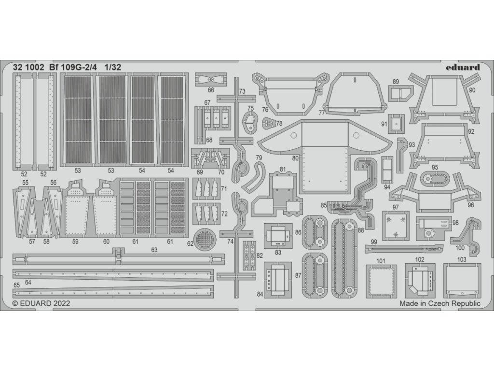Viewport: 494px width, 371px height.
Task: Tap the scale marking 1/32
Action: [111, 68]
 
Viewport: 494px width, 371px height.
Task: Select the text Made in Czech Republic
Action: [439, 303]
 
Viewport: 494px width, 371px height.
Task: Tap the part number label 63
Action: [154, 250]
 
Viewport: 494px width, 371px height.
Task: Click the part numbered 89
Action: [400, 93]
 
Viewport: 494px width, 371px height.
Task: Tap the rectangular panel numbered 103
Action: [462, 280]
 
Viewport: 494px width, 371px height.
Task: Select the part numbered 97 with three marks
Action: [396, 224]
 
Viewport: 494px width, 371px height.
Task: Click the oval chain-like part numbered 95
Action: [435, 179]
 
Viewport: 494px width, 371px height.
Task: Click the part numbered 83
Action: [278, 235]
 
